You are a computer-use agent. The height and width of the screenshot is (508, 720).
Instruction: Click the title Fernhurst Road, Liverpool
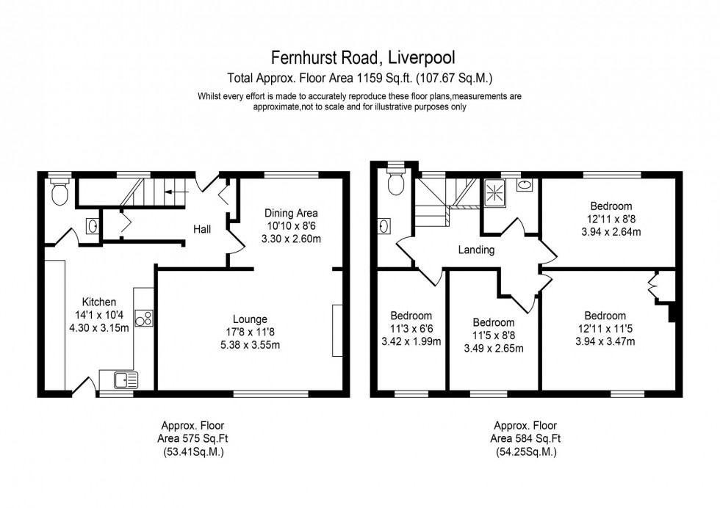tap(359, 57)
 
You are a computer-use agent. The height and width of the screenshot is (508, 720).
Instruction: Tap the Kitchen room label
tap(99, 302)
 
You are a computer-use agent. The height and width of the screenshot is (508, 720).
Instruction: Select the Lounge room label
tap(250, 319)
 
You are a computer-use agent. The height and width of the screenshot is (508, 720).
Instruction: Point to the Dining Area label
tap(292, 213)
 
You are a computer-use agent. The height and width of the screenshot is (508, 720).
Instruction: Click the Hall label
tap(202, 230)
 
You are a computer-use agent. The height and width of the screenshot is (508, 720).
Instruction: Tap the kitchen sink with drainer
tap(124, 380)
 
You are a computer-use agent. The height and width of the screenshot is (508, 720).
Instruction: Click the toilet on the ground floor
tap(60, 193)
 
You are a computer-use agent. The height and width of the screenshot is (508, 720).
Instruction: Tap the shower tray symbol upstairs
tap(494, 193)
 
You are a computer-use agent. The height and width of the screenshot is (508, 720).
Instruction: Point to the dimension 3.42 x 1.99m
tap(411, 341)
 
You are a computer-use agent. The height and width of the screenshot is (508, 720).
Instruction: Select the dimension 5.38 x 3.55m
tap(250, 344)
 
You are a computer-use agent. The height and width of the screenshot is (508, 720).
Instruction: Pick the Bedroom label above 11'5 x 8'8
tap(493, 322)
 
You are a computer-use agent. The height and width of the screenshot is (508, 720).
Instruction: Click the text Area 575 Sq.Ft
tap(193, 438)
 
